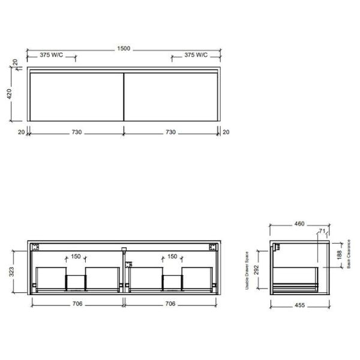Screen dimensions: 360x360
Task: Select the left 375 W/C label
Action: [x=52, y=55]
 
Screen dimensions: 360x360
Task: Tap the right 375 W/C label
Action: [x=196, y=55]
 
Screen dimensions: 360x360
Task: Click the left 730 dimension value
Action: [x=75, y=132]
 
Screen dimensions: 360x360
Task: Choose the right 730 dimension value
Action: [x=170, y=132]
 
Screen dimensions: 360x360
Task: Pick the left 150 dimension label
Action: [x=76, y=256]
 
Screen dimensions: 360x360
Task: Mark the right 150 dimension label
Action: [x=172, y=256]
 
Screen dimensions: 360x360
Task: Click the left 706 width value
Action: [x=77, y=304]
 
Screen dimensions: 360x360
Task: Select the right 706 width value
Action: [x=170, y=304]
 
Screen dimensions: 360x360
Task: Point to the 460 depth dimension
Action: [x=299, y=224]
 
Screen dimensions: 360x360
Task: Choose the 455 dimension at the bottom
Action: [x=299, y=305]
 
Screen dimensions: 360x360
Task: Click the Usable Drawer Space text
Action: [x=247, y=271]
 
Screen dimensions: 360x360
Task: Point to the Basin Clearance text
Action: [x=349, y=254]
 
